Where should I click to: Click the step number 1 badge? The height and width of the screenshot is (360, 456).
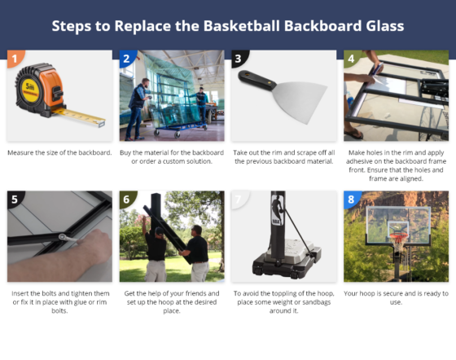pos(13,58)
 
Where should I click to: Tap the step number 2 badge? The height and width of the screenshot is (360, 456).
pos(125,58)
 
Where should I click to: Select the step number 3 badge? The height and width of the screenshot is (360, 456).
pos(238,58)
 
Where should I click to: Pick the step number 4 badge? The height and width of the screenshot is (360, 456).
pos(350,58)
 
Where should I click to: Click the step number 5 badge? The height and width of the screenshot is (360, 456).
pos(13,199)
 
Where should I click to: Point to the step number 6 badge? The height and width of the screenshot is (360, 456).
pos(125,199)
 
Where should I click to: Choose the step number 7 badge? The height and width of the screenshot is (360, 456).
pos(238,199)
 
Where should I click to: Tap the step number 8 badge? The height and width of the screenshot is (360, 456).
pos(350,199)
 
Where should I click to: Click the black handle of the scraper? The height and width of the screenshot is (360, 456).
pos(259,80)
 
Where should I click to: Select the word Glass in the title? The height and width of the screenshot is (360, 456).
pos(380,25)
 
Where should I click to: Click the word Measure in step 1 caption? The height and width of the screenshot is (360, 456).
pos(24,152)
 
